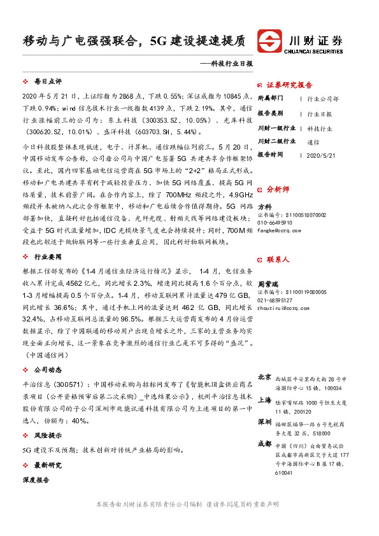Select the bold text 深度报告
click(35, 481)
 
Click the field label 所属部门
click(272, 99)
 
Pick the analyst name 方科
click(264, 208)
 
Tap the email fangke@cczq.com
click(279, 230)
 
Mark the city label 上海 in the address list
click(264, 400)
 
